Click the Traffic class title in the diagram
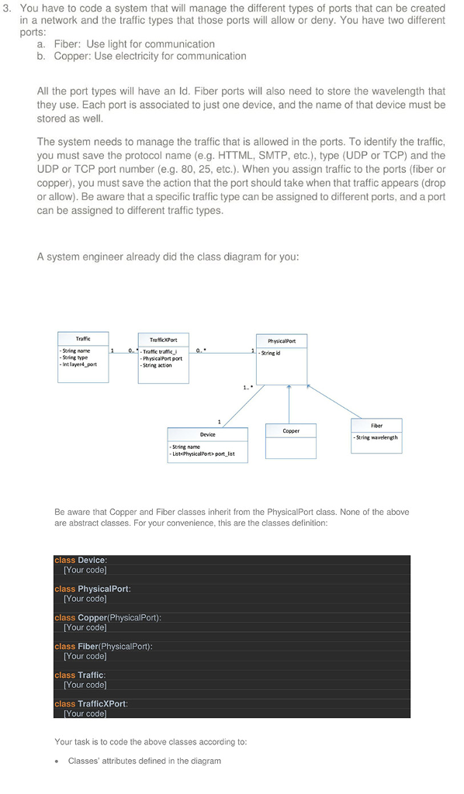[83, 339]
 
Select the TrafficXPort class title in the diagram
[163, 340]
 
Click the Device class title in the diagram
[207, 434]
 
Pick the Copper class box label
[291, 430]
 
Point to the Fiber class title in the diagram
[376, 425]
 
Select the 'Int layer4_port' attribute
[78, 364]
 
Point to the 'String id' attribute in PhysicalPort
[271, 354]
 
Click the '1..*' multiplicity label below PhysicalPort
[247, 388]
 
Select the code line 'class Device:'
[81, 560]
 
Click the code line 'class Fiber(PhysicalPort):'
[103, 646]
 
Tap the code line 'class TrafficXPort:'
[91, 703]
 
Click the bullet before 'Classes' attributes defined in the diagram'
[58, 761]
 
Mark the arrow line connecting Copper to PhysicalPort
[289, 403]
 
